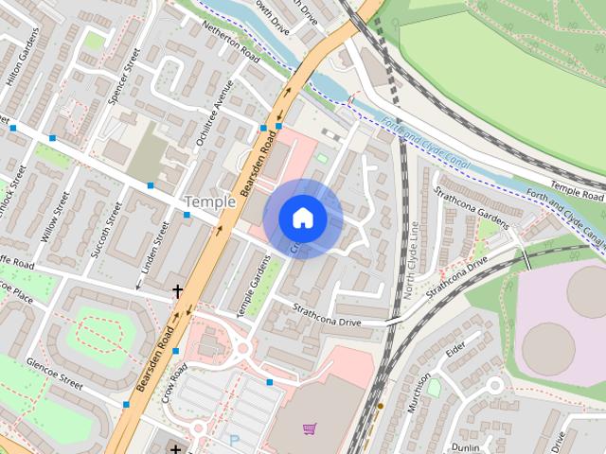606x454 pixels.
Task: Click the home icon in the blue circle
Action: point(303,218)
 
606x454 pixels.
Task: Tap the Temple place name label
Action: point(209,201)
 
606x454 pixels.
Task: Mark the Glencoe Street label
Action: point(56,369)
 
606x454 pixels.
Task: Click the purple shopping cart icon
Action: point(309,428)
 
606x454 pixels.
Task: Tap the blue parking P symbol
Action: point(234,441)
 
